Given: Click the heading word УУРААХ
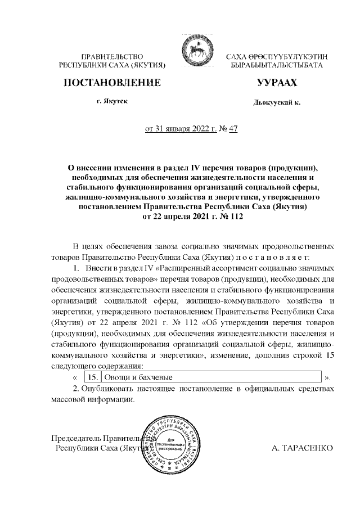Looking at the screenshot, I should [276, 83].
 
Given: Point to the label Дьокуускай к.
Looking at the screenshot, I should [277, 103].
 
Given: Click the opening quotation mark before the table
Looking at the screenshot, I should [75, 376].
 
